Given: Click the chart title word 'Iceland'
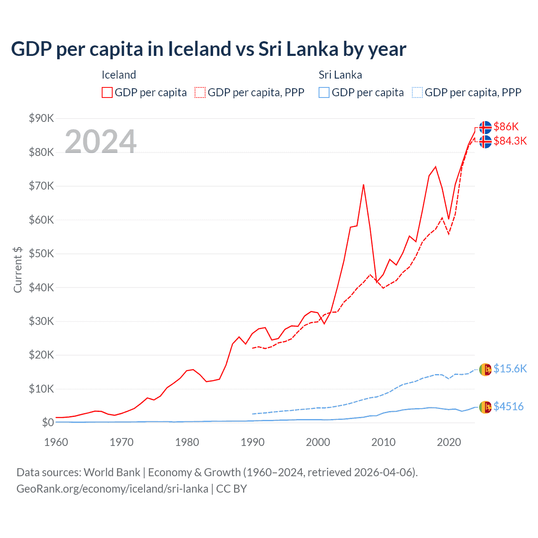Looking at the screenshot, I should tap(200, 49).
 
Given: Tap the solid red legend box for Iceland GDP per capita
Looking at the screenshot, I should tap(107, 92).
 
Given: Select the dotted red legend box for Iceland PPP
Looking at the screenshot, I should tap(200, 92).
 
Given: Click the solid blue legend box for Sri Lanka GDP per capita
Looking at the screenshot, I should tap(324, 92).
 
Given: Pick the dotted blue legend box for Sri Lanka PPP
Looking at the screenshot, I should tap(417, 92).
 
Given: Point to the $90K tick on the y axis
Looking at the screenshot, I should tap(41, 118).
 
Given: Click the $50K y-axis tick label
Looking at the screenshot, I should tap(41, 253).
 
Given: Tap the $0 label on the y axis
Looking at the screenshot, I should tap(47, 422).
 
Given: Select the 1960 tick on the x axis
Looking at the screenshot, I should tap(56, 442).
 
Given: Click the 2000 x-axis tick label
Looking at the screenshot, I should tap(318, 442).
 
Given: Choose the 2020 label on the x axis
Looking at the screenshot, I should tap(449, 442).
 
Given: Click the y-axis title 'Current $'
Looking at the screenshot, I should tap(18, 270).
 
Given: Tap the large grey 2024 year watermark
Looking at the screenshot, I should tap(100, 142).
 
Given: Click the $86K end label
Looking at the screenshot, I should tap(506, 127).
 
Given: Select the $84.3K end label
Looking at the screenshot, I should tap(510, 141).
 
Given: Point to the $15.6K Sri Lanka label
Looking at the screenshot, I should tap(510, 369).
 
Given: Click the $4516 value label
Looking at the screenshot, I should tap(508, 406).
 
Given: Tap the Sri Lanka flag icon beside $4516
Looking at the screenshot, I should tap(485, 407).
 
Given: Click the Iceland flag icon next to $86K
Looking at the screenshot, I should tap(485, 127).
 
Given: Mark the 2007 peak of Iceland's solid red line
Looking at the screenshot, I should tap(363, 185).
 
